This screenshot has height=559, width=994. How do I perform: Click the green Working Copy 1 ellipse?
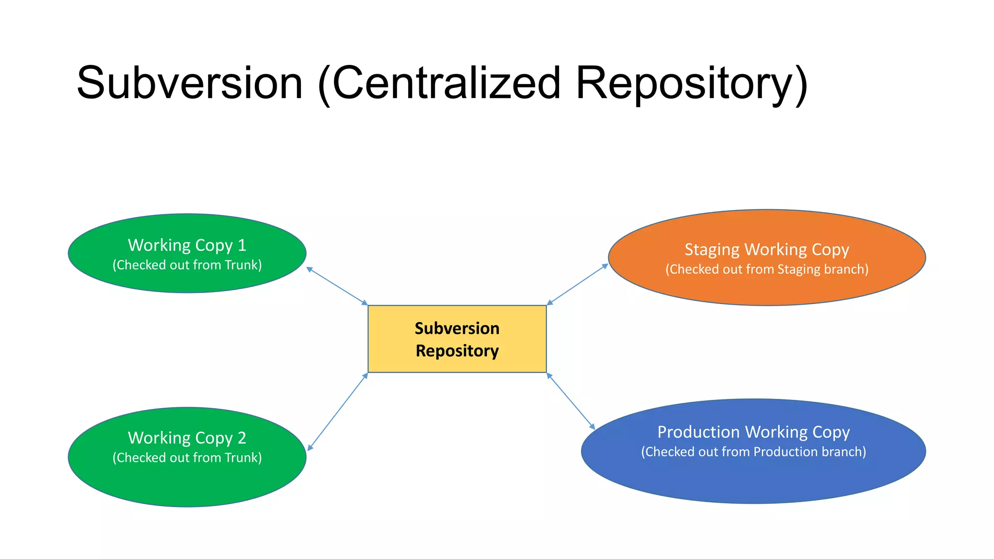tap(187, 281)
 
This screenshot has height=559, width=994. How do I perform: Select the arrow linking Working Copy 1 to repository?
tap(337, 286)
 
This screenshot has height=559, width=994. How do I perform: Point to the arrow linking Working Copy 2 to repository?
tap(338, 411)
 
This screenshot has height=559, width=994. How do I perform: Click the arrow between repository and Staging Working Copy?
tap(578, 284)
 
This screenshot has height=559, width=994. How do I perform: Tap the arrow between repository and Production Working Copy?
tap(571, 401)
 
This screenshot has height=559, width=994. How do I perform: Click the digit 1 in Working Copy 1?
tap(242, 245)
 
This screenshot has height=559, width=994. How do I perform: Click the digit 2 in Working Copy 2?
tap(242, 438)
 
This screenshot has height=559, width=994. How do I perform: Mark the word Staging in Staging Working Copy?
tap(712, 249)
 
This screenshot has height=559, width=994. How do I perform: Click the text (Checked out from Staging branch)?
tap(767, 269)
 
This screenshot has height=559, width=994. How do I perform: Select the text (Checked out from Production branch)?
tap(753, 452)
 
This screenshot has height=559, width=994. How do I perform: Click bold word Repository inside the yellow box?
tap(457, 351)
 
